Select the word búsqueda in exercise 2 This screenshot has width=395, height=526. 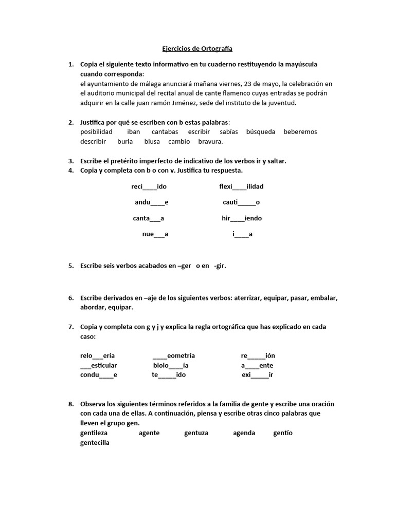261,131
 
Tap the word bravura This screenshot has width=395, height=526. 211,141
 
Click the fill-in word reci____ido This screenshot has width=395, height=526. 149,186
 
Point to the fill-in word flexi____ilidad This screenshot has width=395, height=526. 241,186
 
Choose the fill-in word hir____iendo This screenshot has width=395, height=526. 242,218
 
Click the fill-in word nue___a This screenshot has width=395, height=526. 155,234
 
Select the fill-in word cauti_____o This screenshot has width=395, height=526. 241,202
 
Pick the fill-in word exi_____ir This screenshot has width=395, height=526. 257,375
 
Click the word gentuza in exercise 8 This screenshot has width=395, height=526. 196,433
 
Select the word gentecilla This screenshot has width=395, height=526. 95,443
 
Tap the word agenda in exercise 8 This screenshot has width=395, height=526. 244,433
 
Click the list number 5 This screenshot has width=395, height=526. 70,266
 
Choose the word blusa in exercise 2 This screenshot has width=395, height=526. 152,141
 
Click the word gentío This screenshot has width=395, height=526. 283,433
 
